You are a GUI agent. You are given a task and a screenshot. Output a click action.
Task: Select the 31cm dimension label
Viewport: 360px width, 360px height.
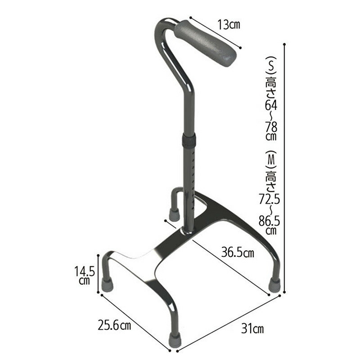click(252, 328)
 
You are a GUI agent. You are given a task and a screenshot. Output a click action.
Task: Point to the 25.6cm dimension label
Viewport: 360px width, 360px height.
click(114, 325)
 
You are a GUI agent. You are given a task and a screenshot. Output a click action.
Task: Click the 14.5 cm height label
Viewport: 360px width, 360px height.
click(85, 275)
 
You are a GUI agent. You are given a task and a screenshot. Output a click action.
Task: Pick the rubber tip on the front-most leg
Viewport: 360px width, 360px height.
click(174, 338)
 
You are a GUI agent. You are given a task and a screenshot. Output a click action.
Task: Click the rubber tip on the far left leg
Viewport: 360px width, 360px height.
click(107, 284)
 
